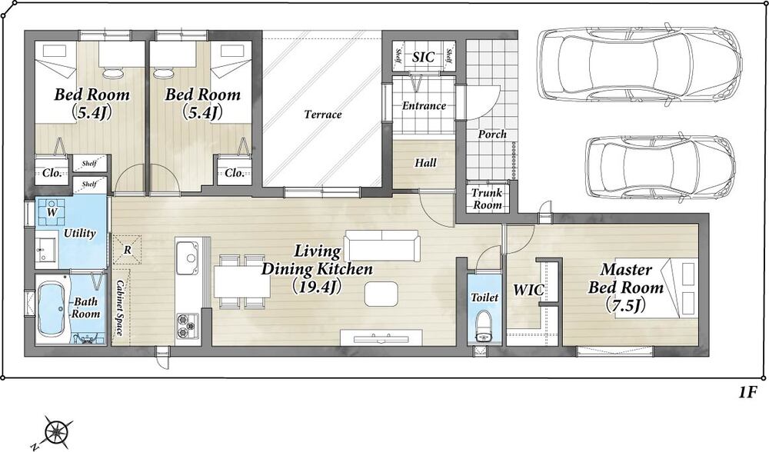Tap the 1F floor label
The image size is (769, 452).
coord(747,392)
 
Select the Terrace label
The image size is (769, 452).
coord(323,115)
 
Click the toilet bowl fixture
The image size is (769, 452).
coord(484,325)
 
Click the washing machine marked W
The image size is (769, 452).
coord(52,212)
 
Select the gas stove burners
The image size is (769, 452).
coord(188,326)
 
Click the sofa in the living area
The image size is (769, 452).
coord(382,246)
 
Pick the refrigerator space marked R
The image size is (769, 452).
coord(128,250)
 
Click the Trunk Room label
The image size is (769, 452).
coord(488,199)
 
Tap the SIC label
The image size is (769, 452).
coord(423,57)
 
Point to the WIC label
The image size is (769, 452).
coord(528,290)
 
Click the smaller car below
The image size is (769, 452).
coord(661,167)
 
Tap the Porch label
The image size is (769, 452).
coord(492,135)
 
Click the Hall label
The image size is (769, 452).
coord(425,162)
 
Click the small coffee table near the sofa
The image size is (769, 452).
coord(381,294)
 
